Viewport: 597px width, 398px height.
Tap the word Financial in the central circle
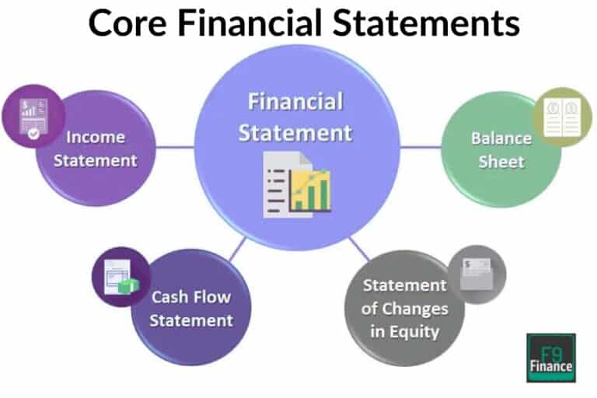tap(295, 103)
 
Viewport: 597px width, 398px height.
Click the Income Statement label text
tap(96, 149)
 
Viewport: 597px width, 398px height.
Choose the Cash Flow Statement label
tap(191, 308)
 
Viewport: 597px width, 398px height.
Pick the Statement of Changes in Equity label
tap(404, 308)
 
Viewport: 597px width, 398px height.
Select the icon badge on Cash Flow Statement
tap(115, 276)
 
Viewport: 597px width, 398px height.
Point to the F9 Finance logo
tap(550, 357)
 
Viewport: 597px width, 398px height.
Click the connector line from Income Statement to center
tap(174, 146)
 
